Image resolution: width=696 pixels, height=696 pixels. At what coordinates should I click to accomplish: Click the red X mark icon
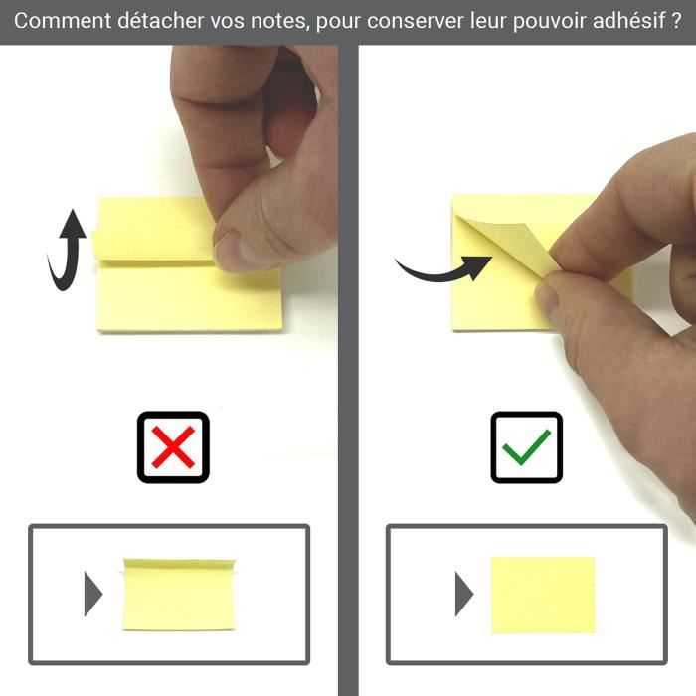[173, 446]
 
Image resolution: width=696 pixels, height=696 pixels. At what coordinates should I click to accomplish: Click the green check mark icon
[526, 446]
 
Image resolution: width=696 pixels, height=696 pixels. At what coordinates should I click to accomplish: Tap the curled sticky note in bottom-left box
[180, 593]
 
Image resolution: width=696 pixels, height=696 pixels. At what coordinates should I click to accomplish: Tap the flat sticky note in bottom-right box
[542, 595]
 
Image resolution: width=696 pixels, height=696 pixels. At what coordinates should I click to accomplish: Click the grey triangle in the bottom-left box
[93, 594]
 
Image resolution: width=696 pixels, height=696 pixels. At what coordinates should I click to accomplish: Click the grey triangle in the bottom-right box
[463, 594]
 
